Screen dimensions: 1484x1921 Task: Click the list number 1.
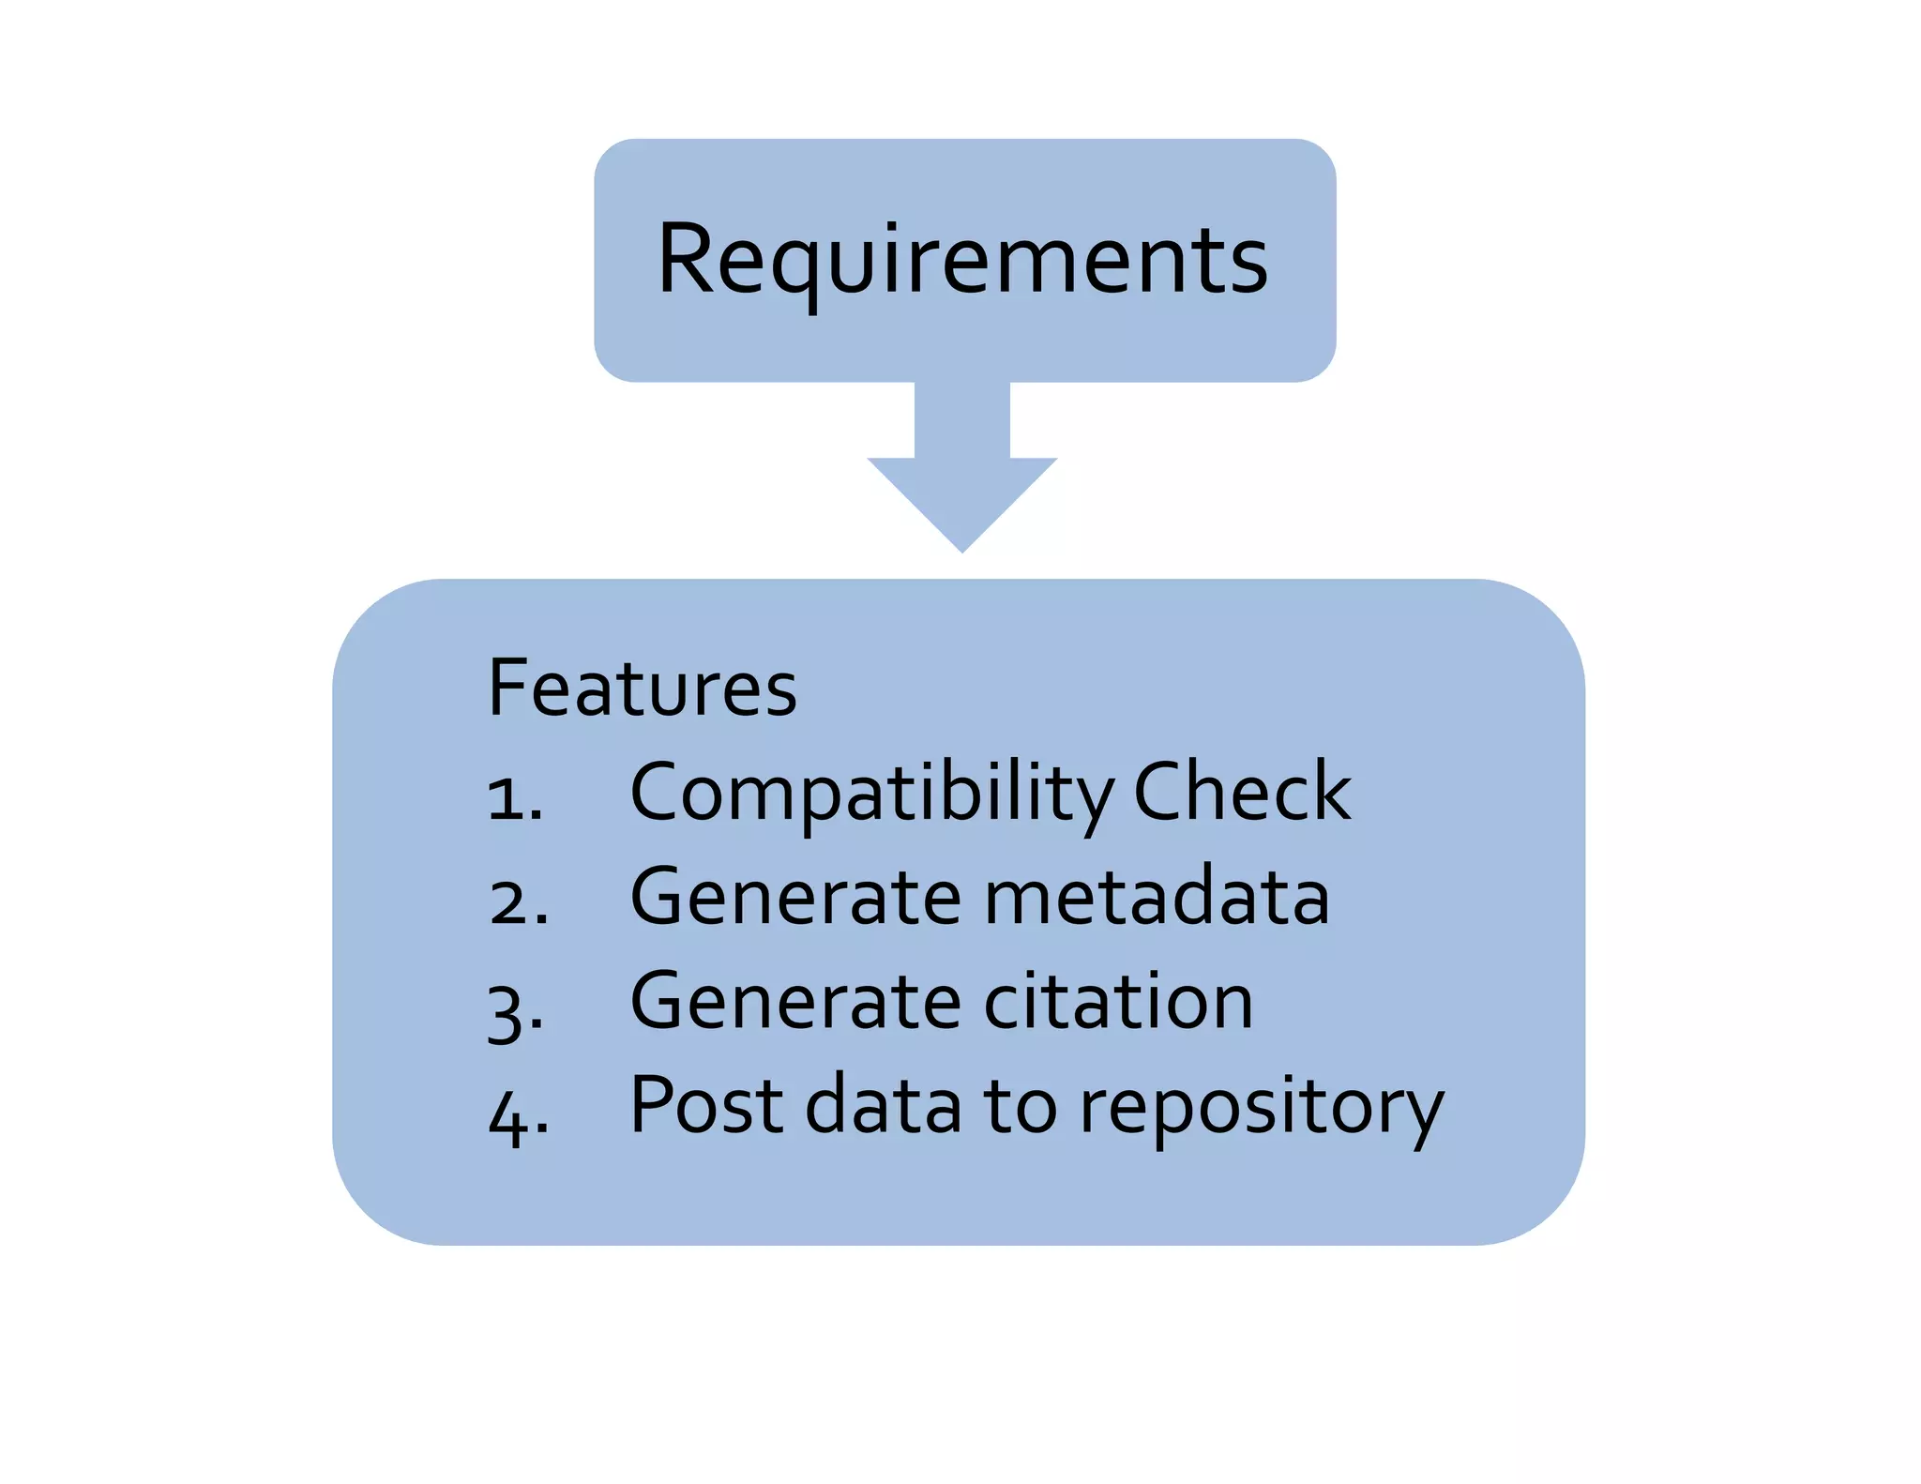(514, 798)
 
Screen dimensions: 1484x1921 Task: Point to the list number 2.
(518, 902)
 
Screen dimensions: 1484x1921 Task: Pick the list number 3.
(516, 1009)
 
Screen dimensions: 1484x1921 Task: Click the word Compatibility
(872, 794)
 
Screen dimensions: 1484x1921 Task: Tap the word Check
(1242, 792)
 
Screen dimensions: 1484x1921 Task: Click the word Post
(706, 1105)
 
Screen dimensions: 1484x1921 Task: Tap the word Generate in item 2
(795, 897)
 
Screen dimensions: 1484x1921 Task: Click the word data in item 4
(884, 1105)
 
